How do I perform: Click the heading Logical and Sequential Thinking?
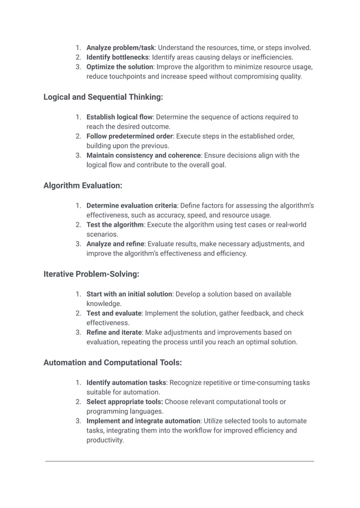[x=103, y=97]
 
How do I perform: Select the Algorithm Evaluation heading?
[x=83, y=185]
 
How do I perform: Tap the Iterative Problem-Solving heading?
[x=91, y=274]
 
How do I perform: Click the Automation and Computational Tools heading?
[x=112, y=363]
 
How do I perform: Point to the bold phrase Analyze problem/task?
[x=120, y=47]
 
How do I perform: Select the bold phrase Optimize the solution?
[x=120, y=67]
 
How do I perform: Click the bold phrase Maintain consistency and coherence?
[x=143, y=155]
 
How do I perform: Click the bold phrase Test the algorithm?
[x=115, y=224]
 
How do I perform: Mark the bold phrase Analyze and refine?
[x=115, y=244]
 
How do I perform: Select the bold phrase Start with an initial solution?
[x=129, y=294]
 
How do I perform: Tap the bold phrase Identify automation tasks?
[x=126, y=382]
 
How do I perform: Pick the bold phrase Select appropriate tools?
[x=124, y=401]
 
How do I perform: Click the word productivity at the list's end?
[x=104, y=440]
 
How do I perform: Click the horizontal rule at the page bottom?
[x=179, y=461]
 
